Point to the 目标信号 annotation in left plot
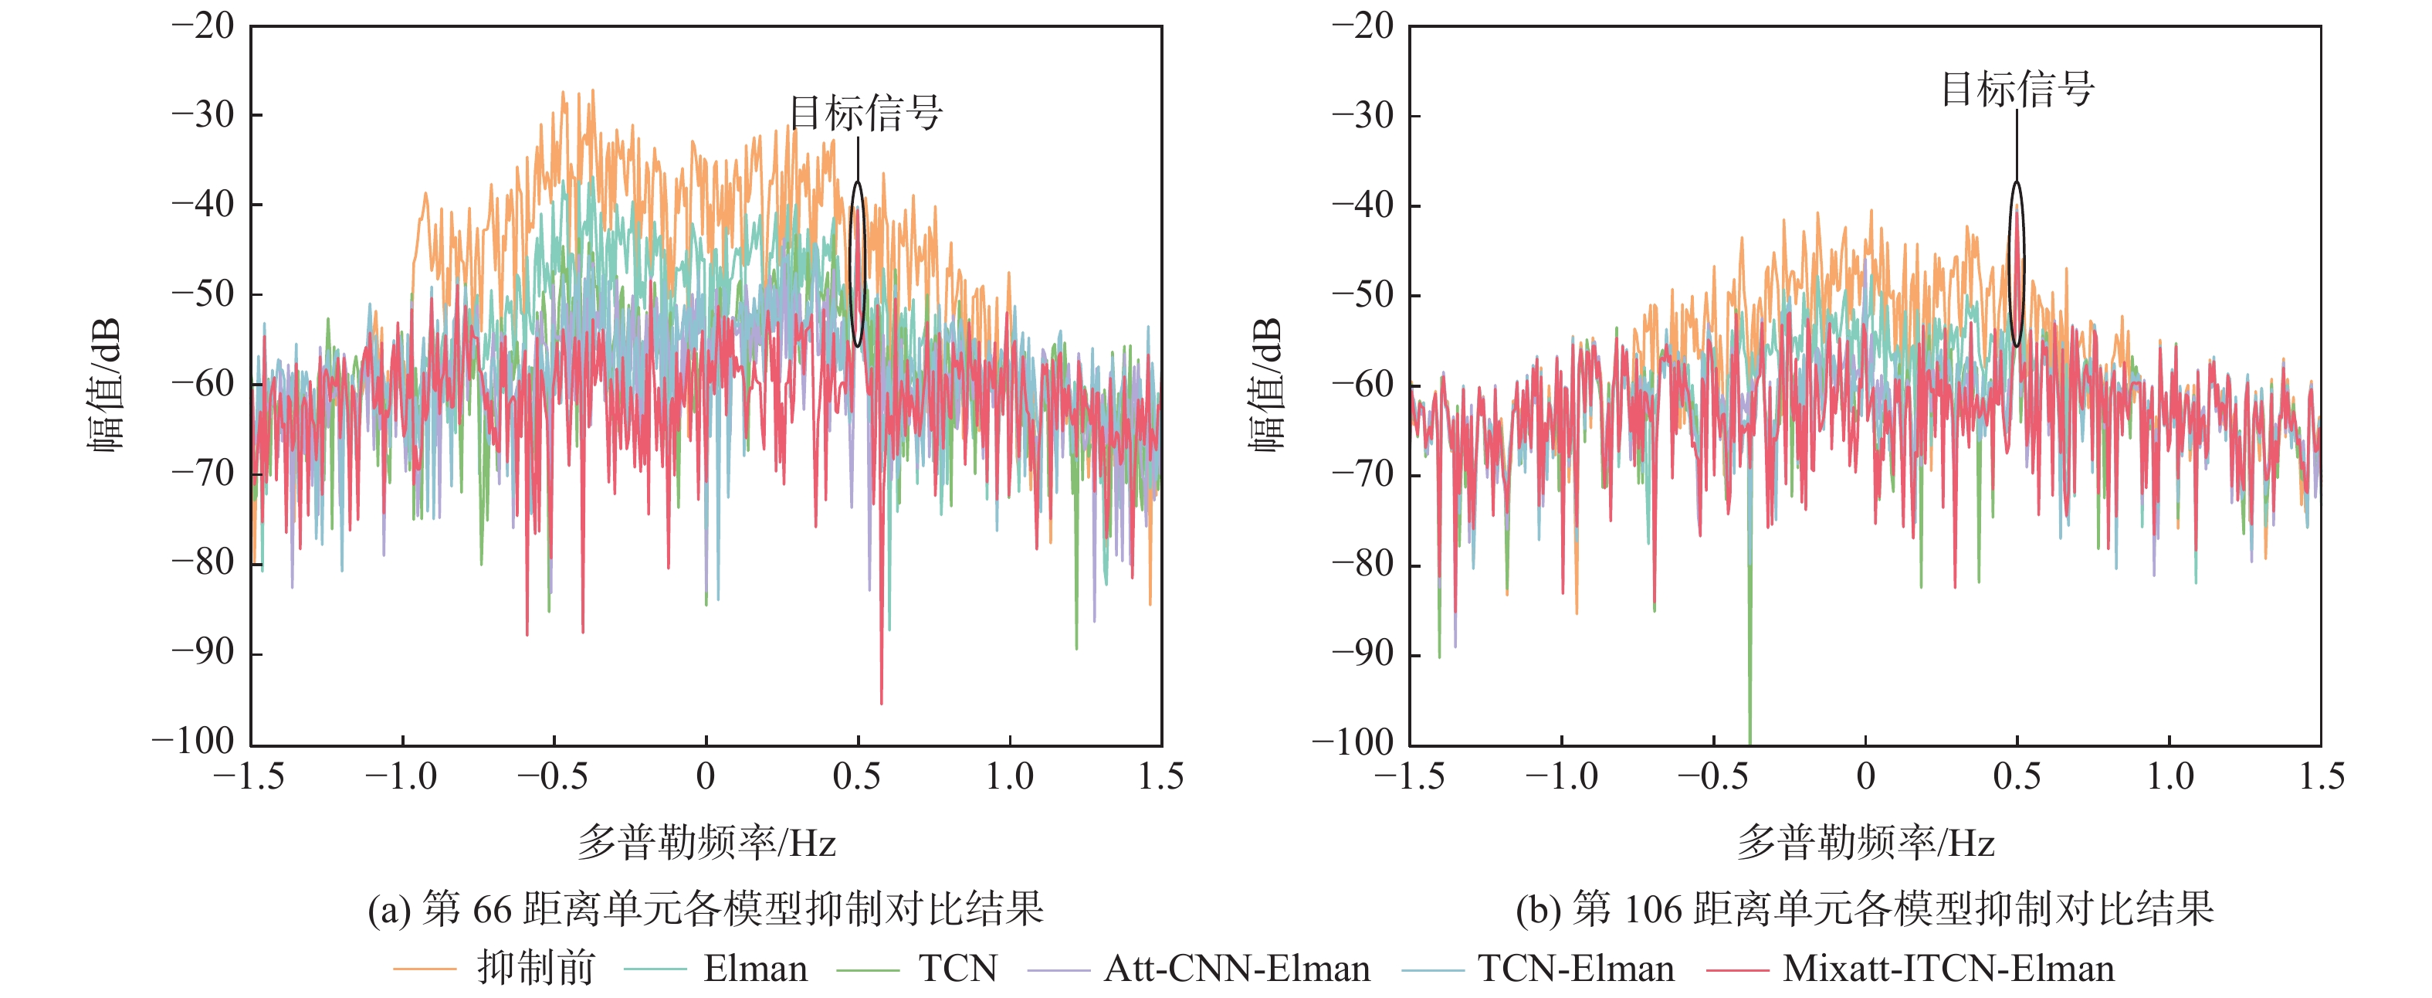[x=865, y=114]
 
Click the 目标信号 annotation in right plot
[x=2017, y=90]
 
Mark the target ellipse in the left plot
[x=857, y=264]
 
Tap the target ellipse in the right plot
[x=2017, y=264]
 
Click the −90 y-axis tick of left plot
[x=202, y=653]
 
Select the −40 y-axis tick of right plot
[x=1363, y=205]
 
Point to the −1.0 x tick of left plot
[x=402, y=777]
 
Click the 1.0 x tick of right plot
[x=2169, y=777]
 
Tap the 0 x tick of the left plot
[x=705, y=777]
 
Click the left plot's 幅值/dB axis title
[x=106, y=385]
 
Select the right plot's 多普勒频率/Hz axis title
[x=1865, y=842]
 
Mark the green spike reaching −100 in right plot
[x=1749, y=699]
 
